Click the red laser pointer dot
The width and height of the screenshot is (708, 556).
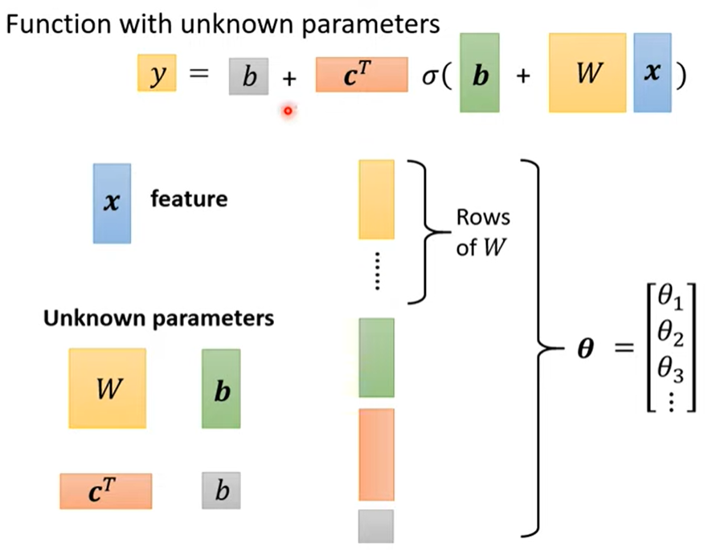[x=288, y=111]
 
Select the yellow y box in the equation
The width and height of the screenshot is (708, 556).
[x=157, y=72]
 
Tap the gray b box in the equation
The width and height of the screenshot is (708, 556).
[x=248, y=76]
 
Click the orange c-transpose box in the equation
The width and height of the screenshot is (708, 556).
[x=362, y=75]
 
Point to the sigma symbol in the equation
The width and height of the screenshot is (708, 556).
[x=429, y=76]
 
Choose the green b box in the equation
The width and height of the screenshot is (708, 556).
[x=480, y=72]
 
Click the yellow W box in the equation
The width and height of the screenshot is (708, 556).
[x=587, y=72]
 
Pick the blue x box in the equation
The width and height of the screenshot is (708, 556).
[x=653, y=72]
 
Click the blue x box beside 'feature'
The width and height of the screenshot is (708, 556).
[x=112, y=203]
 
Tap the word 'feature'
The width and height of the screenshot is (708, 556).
[x=189, y=198]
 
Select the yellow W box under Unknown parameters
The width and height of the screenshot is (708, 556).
[x=108, y=388]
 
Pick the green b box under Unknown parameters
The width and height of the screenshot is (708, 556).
[x=221, y=389]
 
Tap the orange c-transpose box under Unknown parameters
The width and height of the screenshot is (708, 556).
[x=105, y=492]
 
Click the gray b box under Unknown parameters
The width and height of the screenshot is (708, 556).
[x=221, y=491]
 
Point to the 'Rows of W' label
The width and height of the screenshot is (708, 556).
[x=483, y=232]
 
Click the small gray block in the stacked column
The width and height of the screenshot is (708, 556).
[x=376, y=526]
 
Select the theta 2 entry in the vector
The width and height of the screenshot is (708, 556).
[x=670, y=333]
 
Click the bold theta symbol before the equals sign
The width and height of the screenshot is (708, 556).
[x=586, y=348]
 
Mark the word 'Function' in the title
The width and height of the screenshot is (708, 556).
[x=59, y=24]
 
